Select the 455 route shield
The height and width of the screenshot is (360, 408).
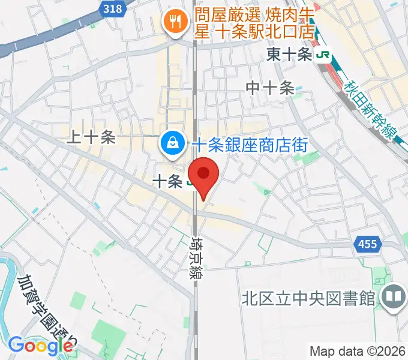(x=365, y=243)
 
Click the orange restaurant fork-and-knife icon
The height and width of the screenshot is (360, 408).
(x=175, y=23)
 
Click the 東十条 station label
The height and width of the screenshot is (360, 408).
(x=290, y=55)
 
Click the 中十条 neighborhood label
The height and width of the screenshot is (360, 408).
(x=270, y=88)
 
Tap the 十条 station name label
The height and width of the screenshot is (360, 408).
(x=167, y=181)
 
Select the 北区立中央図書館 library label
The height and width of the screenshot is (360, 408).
(x=308, y=298)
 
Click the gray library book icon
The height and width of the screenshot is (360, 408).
(x=394, y=296)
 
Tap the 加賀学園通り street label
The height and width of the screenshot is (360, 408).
(x=44, y=312)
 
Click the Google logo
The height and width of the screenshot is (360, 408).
(x=40, y=345)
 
